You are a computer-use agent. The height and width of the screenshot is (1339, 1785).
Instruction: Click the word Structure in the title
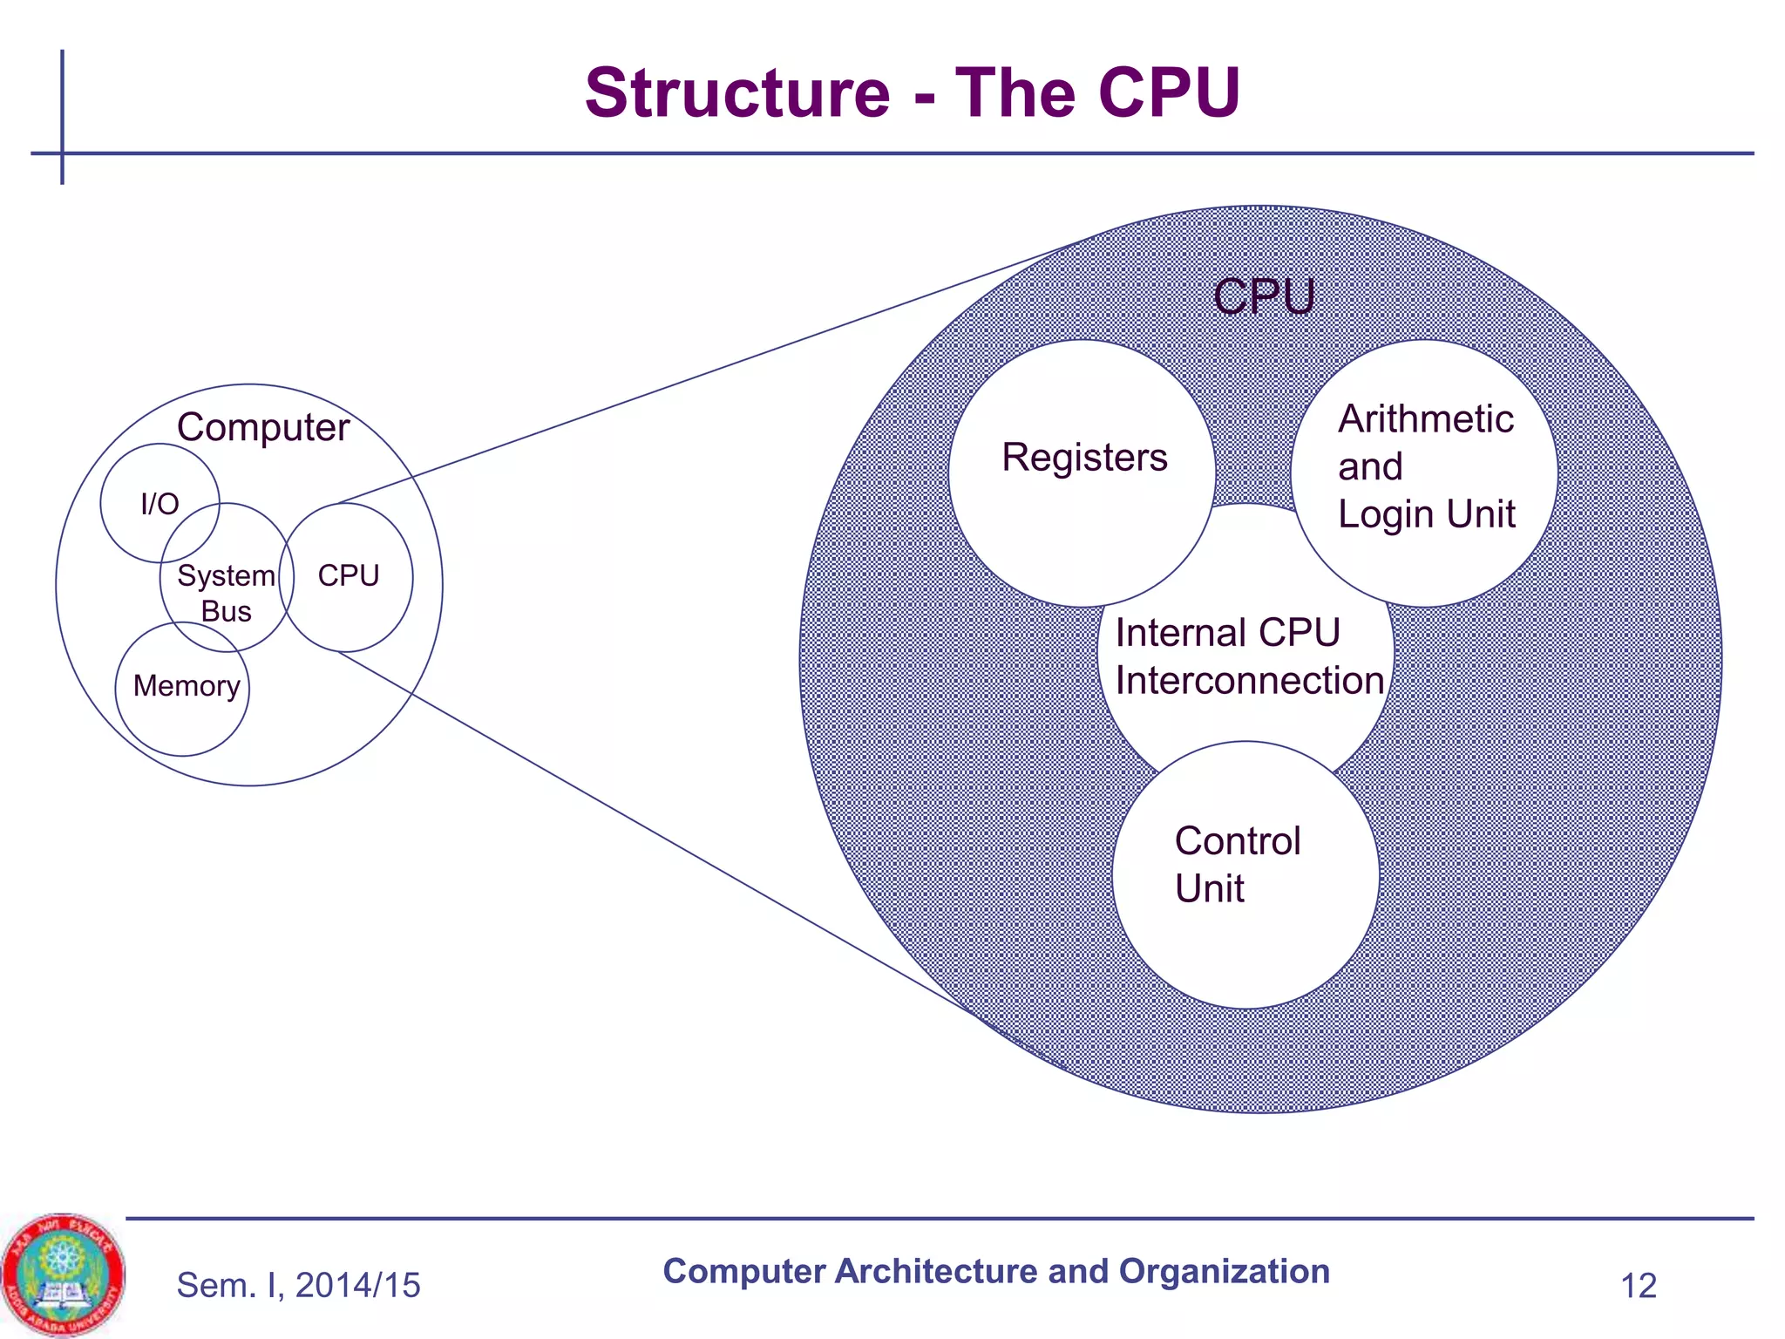[736, 93]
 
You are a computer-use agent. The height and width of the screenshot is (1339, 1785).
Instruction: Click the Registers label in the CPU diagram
[1083, 458]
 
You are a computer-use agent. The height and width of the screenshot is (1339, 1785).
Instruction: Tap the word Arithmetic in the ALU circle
[1425, 419]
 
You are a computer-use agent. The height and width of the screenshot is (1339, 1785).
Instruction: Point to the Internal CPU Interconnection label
[1248, 656]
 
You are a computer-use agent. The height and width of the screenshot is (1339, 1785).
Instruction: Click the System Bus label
[226, 593]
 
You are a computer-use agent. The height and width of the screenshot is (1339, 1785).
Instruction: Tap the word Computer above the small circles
[262, 427]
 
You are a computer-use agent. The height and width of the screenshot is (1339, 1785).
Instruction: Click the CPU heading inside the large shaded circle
[1263, 296]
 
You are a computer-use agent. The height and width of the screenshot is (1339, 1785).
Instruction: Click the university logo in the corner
[62, 1274]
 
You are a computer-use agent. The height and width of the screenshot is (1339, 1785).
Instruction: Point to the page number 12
[1638, 1286]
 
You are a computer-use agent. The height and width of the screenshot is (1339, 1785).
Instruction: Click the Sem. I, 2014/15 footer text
[298, 1285]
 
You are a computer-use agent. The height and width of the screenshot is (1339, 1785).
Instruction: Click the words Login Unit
[1426, 514]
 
